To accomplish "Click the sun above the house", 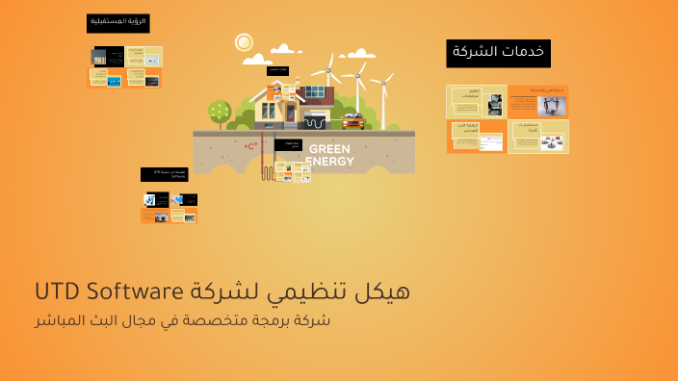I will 244,42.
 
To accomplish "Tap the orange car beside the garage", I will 352,121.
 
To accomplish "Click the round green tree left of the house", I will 220,111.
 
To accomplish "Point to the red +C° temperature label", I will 250,146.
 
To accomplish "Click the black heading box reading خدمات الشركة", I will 498,53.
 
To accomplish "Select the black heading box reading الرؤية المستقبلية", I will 117,23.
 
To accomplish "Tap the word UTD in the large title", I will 58,291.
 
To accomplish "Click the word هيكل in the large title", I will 383,291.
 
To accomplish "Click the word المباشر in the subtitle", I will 59,320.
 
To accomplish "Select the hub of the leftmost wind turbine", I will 327,70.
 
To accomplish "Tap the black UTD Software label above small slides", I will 164,174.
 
